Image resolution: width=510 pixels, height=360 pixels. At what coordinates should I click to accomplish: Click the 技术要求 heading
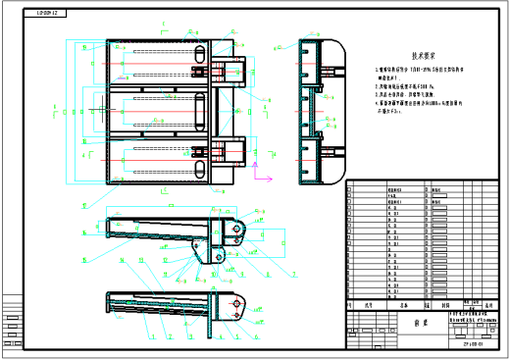click(x=423, y=58)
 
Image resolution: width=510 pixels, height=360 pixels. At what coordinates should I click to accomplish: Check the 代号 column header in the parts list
click(x=370, y=306)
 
